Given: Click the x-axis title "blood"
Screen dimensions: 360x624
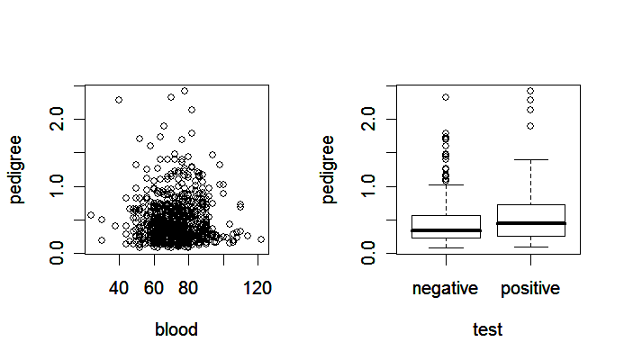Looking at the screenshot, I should (176, 329).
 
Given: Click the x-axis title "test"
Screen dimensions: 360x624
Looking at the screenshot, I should (487, 329).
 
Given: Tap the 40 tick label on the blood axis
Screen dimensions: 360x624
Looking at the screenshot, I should (119, 288).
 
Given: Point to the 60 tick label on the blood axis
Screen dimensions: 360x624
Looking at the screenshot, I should (154, 288).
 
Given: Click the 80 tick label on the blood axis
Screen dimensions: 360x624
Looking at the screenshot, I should (188, 288).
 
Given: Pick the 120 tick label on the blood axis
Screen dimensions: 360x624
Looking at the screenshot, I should (258, 288).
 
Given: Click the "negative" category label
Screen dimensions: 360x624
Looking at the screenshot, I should (446, 288).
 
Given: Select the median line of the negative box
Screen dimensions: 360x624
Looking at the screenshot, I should (446, 230).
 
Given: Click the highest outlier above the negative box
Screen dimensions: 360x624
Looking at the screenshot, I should (446, 97).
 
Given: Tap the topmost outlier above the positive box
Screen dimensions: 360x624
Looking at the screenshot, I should (529, 91).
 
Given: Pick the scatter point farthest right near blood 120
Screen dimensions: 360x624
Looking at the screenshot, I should (261, 239).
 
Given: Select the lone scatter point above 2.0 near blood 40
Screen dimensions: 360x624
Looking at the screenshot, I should (119, 99).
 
